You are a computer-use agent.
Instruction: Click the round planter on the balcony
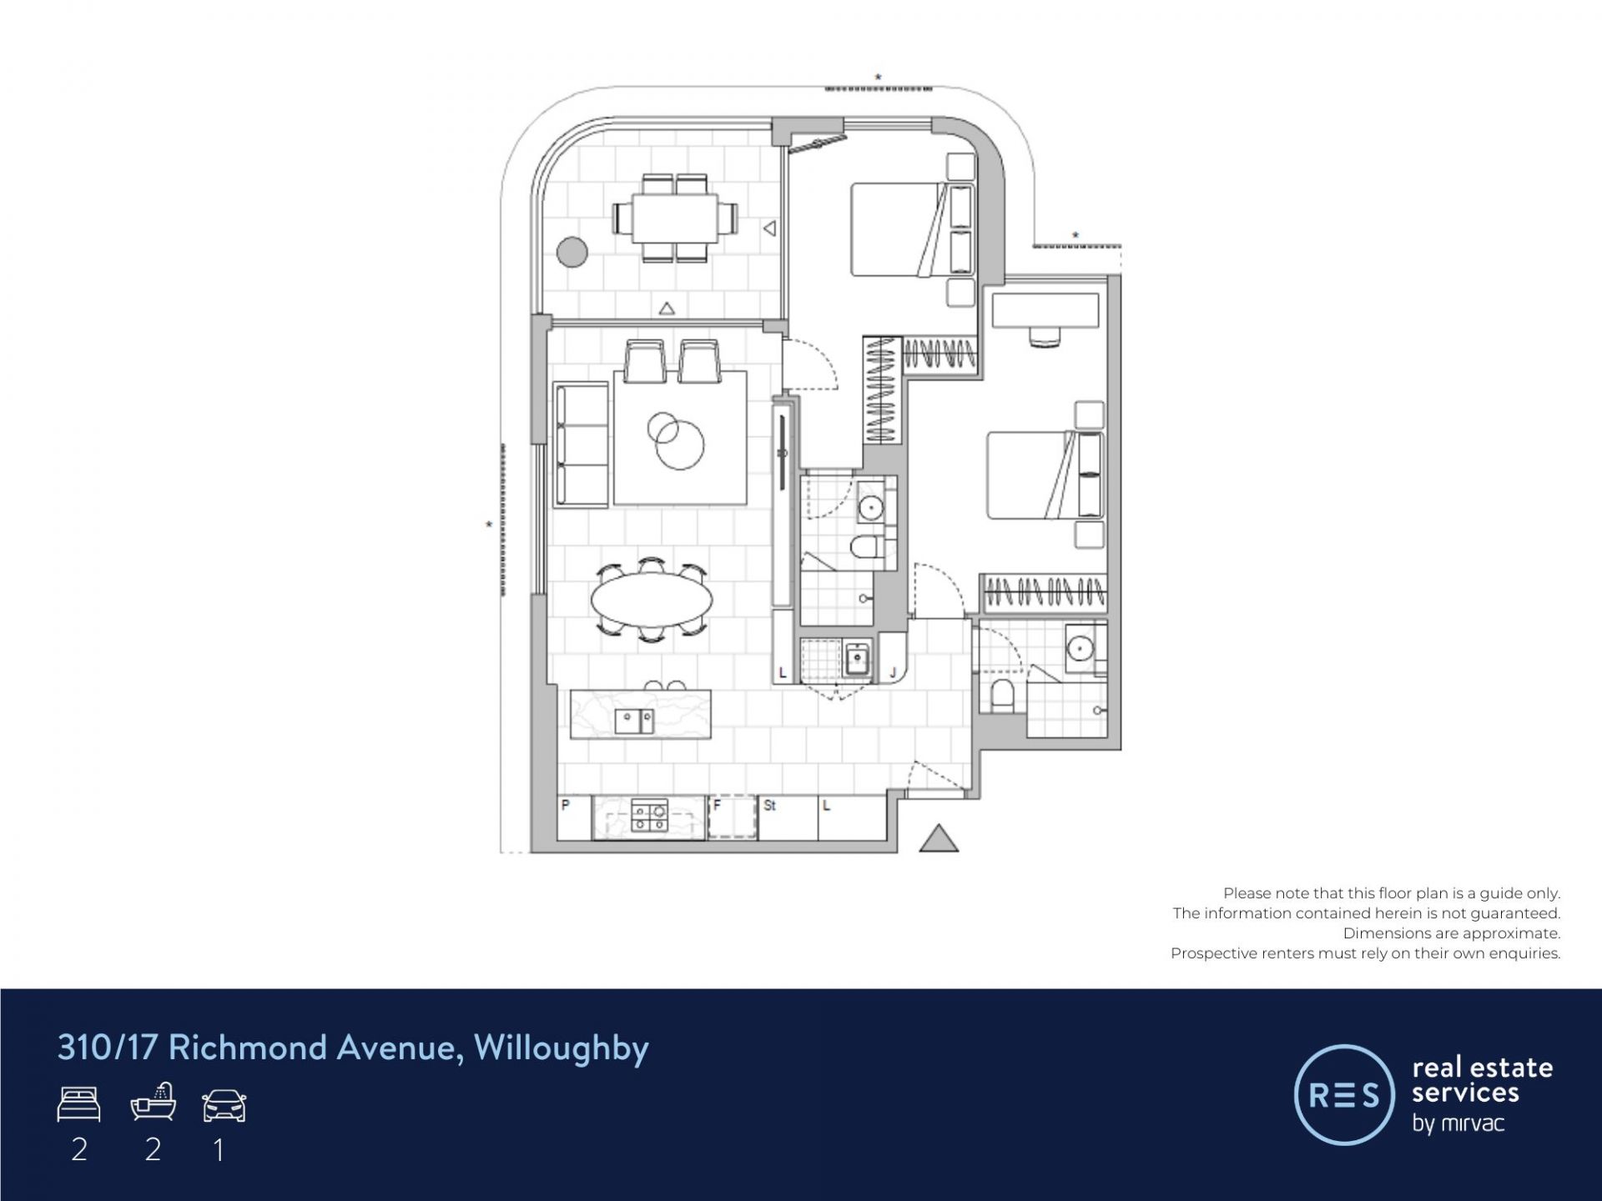pyautogui.click(x=572, y=252)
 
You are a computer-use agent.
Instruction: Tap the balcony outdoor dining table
pyautogui.click(x=675, y=218)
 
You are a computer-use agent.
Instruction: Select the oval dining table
pyautogui.click(x=652, y=598)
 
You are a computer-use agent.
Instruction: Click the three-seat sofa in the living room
pyautogui.click(x=582, y=445)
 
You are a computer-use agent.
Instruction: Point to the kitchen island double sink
pyautogui.click(x=634, y=721)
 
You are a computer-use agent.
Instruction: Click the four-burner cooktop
pyautogui.click(x=649, y=816)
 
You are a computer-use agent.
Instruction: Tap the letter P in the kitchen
pyautogui.click(x=566, y=806)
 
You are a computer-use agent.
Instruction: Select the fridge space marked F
pyautogui.click(x=733, y=817)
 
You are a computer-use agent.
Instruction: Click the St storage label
pyautogui.click(x=770, y=806)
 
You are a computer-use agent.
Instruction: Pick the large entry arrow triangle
pyautogui.click(x=939, y=839)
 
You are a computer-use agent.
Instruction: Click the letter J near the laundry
pyautogui.click(x=893, y=672)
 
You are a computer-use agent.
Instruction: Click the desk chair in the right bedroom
pyautogui.click(x=1045, y=335)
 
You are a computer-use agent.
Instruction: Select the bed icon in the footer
pyautogui.click(x=79, y=1104)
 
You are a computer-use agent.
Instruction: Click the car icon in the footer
pyautogui.click(x=224, y=1105)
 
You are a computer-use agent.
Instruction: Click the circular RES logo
pyautogui.click(x=1344, y=1094)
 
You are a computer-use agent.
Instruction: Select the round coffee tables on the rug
pyautogui.click(x=673, y=439)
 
